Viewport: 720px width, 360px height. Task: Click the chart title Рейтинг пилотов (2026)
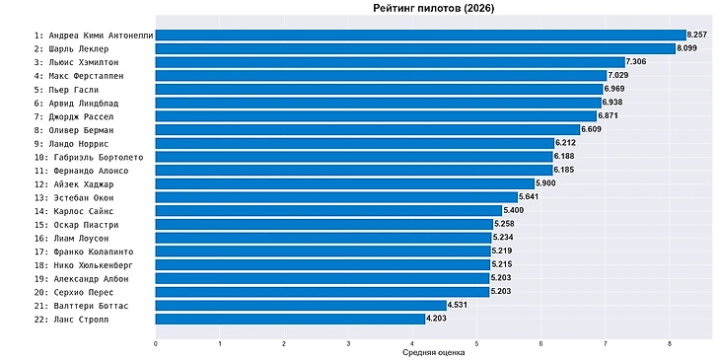tap(433, 8)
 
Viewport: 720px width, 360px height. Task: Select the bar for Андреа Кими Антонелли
tap(420, 36)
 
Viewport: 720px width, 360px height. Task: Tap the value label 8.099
tap(686, 48)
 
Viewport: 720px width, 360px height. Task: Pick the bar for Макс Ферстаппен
tap(381, 76)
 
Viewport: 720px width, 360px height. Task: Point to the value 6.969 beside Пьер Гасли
tap(613, 89)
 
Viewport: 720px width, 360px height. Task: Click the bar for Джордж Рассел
tap(376, 116)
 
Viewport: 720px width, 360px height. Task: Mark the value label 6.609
tap(591, 129)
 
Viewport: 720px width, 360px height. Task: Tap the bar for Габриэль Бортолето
tap(354, 157)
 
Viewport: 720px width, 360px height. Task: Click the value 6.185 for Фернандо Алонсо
tap(564, 170)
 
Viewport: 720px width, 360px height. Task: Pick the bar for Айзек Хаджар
tap(345, 183)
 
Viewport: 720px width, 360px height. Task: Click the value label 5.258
tap(504, 224)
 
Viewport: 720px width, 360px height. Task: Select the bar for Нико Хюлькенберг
tap(323, 265)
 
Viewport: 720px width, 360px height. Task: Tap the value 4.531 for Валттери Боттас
tap(458, 306)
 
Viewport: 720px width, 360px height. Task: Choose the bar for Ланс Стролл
tap(290, 319)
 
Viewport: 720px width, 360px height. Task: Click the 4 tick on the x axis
tap(412, 343)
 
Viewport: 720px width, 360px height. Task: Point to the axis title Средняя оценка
tap(433, 353)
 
